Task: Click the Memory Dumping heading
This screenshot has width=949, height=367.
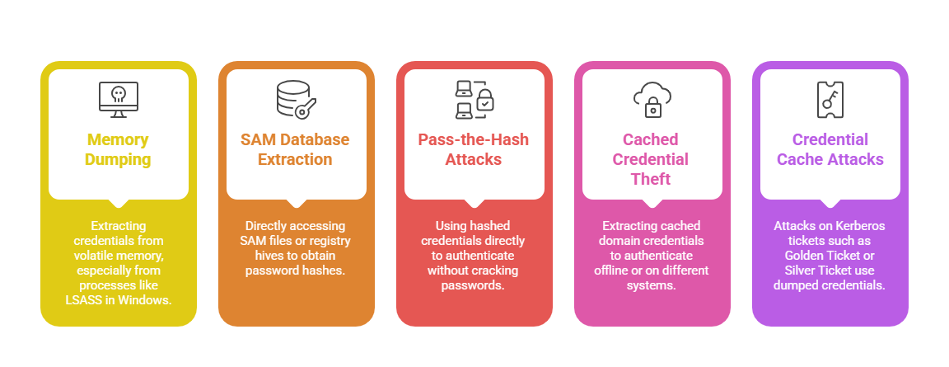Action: (119, 149)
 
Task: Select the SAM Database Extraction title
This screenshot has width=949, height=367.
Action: (295, 149)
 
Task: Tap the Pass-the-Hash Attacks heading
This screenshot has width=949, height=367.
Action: (474, 149)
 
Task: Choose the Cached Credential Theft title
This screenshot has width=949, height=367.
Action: (651, 158)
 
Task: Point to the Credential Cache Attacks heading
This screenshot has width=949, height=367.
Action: (830, 149)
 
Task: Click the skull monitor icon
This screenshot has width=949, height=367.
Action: (119, 98)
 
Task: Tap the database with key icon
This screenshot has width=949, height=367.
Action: (297, 98)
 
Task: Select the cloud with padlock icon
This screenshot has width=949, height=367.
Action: (652, 98)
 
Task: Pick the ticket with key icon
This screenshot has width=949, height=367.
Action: (829, 98)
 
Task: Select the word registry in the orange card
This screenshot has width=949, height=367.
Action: (330, 240)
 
